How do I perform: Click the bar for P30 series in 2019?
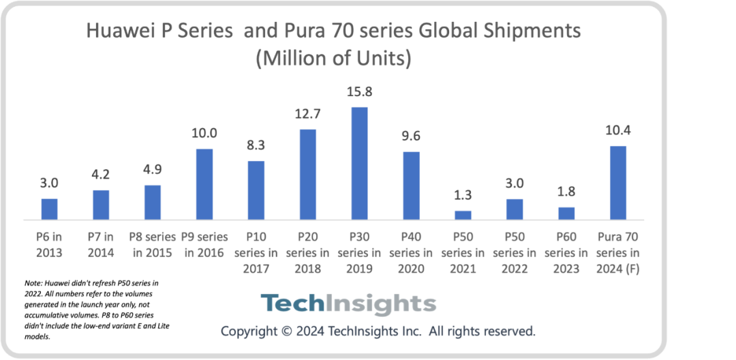tap(359, 164)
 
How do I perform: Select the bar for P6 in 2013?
tap(50, 209)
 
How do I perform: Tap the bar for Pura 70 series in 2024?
tap(617, 183)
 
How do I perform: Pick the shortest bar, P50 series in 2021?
tap(463, 215)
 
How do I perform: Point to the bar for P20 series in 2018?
tap(307, 175)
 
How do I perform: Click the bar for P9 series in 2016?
tap(204, 184)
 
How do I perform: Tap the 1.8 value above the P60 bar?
tap(566, 193)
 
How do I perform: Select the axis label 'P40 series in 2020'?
tap(411, 253)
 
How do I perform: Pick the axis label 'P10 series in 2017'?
tap(256, 253)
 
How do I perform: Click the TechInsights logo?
tap(348, 303)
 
